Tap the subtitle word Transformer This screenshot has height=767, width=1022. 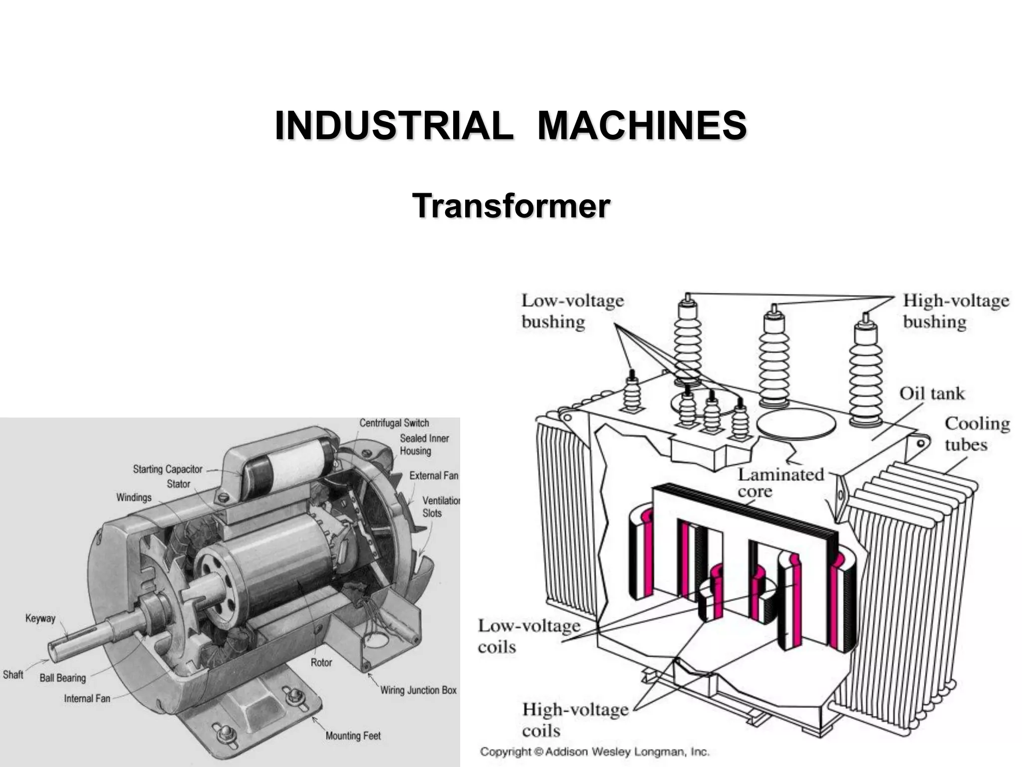pos(511,206)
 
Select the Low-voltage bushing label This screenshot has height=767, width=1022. pos(572,311)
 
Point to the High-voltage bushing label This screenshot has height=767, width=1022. pos(956,311)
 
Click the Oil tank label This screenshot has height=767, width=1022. pos(932,393)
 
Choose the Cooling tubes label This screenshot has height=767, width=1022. pos(977,433)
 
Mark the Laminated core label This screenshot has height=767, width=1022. pos(780,482)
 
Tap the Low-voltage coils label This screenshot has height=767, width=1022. pos(528,636)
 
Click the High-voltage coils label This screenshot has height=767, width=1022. pos(575,720)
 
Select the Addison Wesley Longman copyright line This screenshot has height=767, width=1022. pos(594,752)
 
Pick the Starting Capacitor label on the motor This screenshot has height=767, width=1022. pos(167,469)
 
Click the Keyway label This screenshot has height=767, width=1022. pos(40,618)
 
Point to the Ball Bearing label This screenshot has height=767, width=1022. pos(62,678)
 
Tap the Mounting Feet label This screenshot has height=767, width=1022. pos(353,736)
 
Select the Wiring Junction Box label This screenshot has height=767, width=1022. pos(418,690)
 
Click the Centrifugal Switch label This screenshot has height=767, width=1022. pos(394,423)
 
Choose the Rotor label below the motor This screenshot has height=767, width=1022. pos(321,663)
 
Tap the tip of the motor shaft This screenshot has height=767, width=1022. pos(52,648)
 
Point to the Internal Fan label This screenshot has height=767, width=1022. pos(87,698)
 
